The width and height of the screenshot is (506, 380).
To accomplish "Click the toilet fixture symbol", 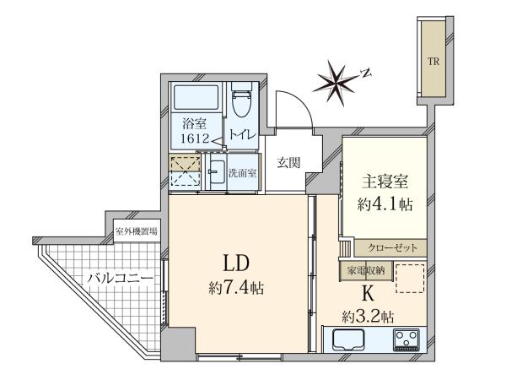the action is [241, 100].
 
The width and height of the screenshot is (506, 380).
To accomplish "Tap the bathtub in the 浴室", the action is [196, 98].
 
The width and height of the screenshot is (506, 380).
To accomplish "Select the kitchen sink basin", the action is [348, 339].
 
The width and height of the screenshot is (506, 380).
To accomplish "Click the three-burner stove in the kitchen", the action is [406, 340].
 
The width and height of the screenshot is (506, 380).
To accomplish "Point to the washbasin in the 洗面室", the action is [217, 172].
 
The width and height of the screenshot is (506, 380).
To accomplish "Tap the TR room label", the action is [433, 62].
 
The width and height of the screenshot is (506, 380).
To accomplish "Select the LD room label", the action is [236, 263].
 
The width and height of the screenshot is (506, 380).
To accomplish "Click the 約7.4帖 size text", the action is [236, 287].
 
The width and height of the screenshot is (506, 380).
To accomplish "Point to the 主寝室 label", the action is [385, 182].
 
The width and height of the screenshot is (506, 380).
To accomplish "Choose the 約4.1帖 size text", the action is [385, 204].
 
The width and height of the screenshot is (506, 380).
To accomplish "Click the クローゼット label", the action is [393, 247].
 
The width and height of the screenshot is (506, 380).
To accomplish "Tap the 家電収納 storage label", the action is [366, 270].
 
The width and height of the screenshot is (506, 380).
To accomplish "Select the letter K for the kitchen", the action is [368, 295].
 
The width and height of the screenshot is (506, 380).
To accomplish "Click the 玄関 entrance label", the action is [288, 163].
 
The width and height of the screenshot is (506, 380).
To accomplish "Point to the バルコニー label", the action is [121, 278].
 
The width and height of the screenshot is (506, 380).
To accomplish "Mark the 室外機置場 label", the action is [137, 231].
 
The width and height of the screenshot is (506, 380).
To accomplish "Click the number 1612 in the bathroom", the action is [196, 138].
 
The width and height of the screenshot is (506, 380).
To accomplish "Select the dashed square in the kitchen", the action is [410, 279].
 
